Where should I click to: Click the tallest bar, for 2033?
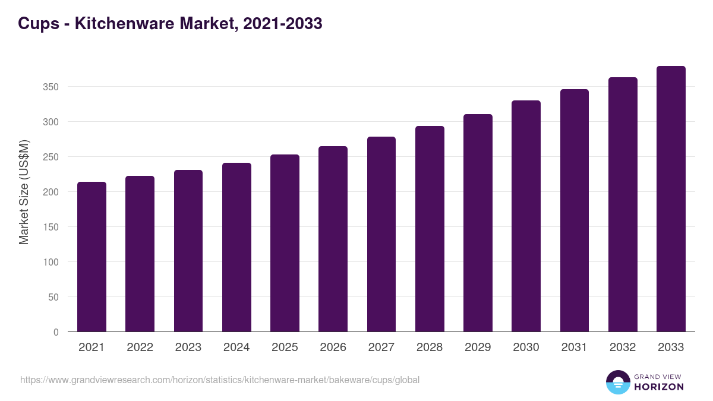click(671, 199)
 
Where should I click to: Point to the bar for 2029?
click(478, 223)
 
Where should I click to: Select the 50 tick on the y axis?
click(54, 297)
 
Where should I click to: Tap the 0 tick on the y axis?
click(56, 332)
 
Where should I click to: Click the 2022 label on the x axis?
click(140, 348)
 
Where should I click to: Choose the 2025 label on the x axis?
click(285, 348)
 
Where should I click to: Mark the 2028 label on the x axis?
click(430, 348)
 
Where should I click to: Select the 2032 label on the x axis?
click(623, 348)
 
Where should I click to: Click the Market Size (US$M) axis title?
click(24, 192)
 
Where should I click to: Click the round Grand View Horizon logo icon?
click(618, 382)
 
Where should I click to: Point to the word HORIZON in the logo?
click(659, 387)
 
